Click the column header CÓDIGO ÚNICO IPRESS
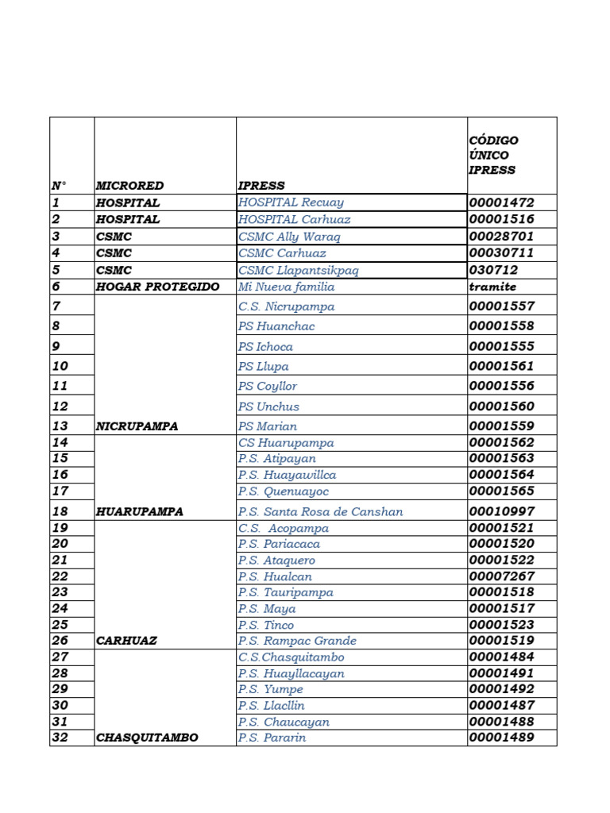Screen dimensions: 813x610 pos(493,155)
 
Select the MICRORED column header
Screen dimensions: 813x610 pos(129,186)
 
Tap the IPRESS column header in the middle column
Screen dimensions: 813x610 pos(261,186)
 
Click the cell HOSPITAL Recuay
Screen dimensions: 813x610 pos(291,202)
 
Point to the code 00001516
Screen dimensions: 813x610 pos(501,219)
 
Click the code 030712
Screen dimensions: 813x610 pos(493,270)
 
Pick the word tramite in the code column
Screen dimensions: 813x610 pos(492,287)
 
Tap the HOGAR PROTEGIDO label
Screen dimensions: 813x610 pos(157,287)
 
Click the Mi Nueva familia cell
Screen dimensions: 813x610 pos(286,287)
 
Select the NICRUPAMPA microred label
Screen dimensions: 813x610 pos(137,426)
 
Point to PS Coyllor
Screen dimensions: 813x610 pos(268,386)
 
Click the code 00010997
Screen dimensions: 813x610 pos(501,511)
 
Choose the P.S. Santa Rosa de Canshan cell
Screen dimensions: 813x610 pos(320,512)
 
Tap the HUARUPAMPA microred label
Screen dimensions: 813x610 pos(139,512)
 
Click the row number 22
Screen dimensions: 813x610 pos(60,576)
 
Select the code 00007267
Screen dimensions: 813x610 pos(501,576)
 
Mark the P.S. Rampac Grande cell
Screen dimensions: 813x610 pos(297,641)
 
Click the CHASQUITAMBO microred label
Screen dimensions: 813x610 pos(147,738)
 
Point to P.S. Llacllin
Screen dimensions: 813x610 pos(271,705)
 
